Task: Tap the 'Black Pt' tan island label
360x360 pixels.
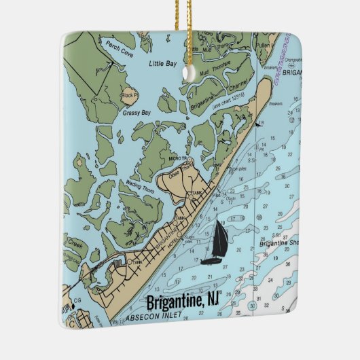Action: pos(130,96)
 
